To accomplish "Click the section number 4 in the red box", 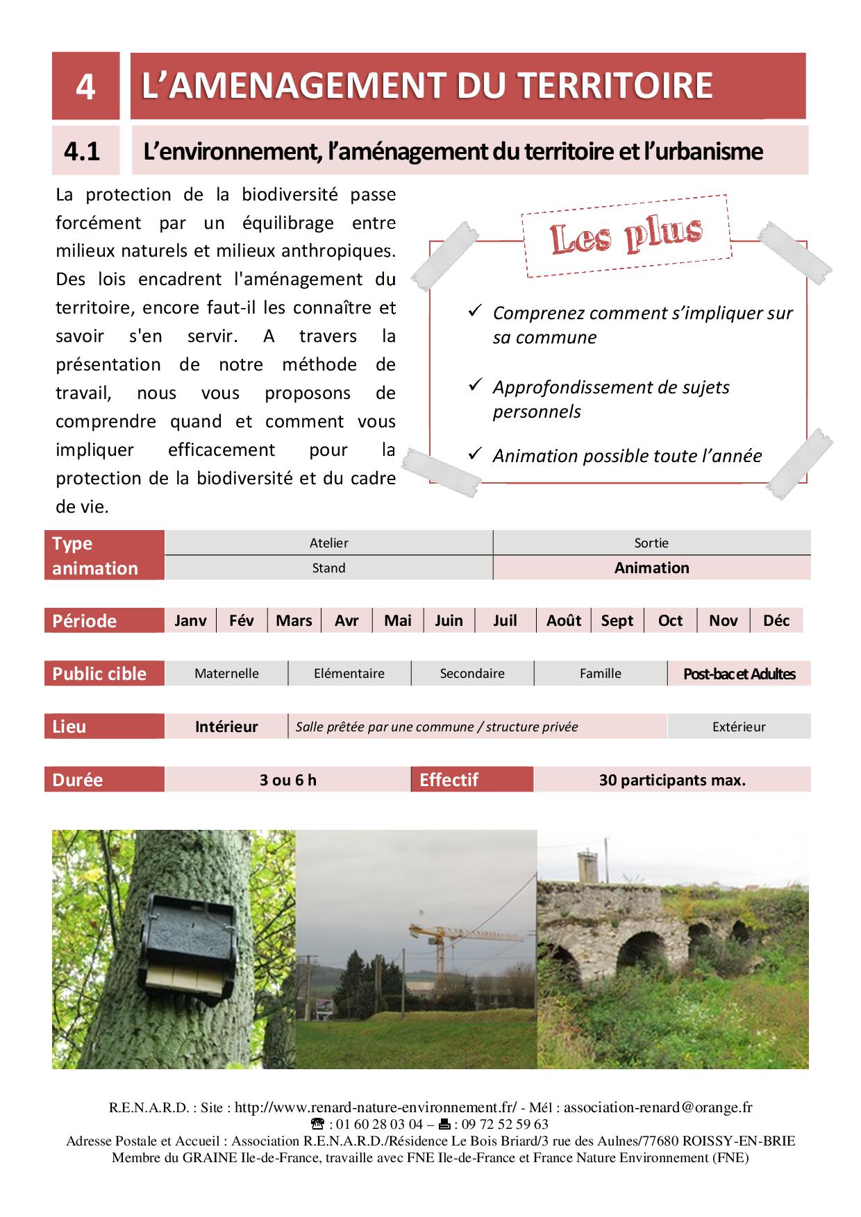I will coord(85,87).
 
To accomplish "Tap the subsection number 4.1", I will coord(82,151).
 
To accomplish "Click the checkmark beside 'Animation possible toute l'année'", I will coord(475,454).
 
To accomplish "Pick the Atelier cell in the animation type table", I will coord(328,543).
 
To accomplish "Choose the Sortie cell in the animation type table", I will coord(651,543).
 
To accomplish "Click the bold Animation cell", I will coord(651,568).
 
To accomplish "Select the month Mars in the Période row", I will coord(294,620).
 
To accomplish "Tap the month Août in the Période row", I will coord(563,620).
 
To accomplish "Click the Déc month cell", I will coord(776,620).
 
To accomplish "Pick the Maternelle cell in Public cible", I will coord(226,673).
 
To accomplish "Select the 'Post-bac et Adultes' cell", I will coord(739,674).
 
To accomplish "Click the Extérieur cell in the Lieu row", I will coord(739,726).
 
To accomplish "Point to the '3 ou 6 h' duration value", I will coord(287,780).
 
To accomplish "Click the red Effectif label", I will coord(449,780).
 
